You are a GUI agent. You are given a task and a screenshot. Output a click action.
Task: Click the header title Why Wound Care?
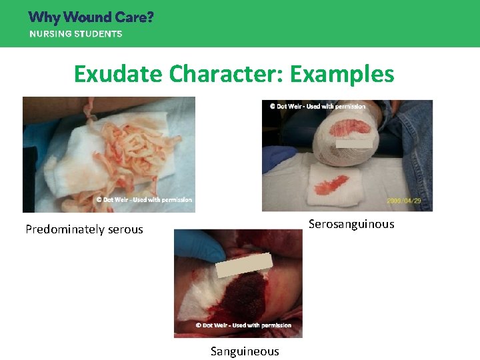(91, 17)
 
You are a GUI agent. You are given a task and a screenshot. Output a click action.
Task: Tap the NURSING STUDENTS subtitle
(75, 34)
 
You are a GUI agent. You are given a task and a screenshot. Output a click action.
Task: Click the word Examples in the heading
(347, 74)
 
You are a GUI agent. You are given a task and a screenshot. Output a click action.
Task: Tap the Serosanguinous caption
(351, 224)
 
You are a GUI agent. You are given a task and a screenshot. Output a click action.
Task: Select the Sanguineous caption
(245, 351)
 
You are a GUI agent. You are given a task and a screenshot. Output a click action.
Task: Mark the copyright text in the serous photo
(143, 199)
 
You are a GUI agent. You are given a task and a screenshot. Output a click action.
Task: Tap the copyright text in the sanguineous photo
(243, 325)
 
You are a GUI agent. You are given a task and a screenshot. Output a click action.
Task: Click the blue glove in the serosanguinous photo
(279, 159)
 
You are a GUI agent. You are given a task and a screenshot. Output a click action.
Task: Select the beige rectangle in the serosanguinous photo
(354, 141)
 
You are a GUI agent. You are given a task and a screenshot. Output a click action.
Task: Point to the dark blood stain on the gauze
(245, 297)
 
